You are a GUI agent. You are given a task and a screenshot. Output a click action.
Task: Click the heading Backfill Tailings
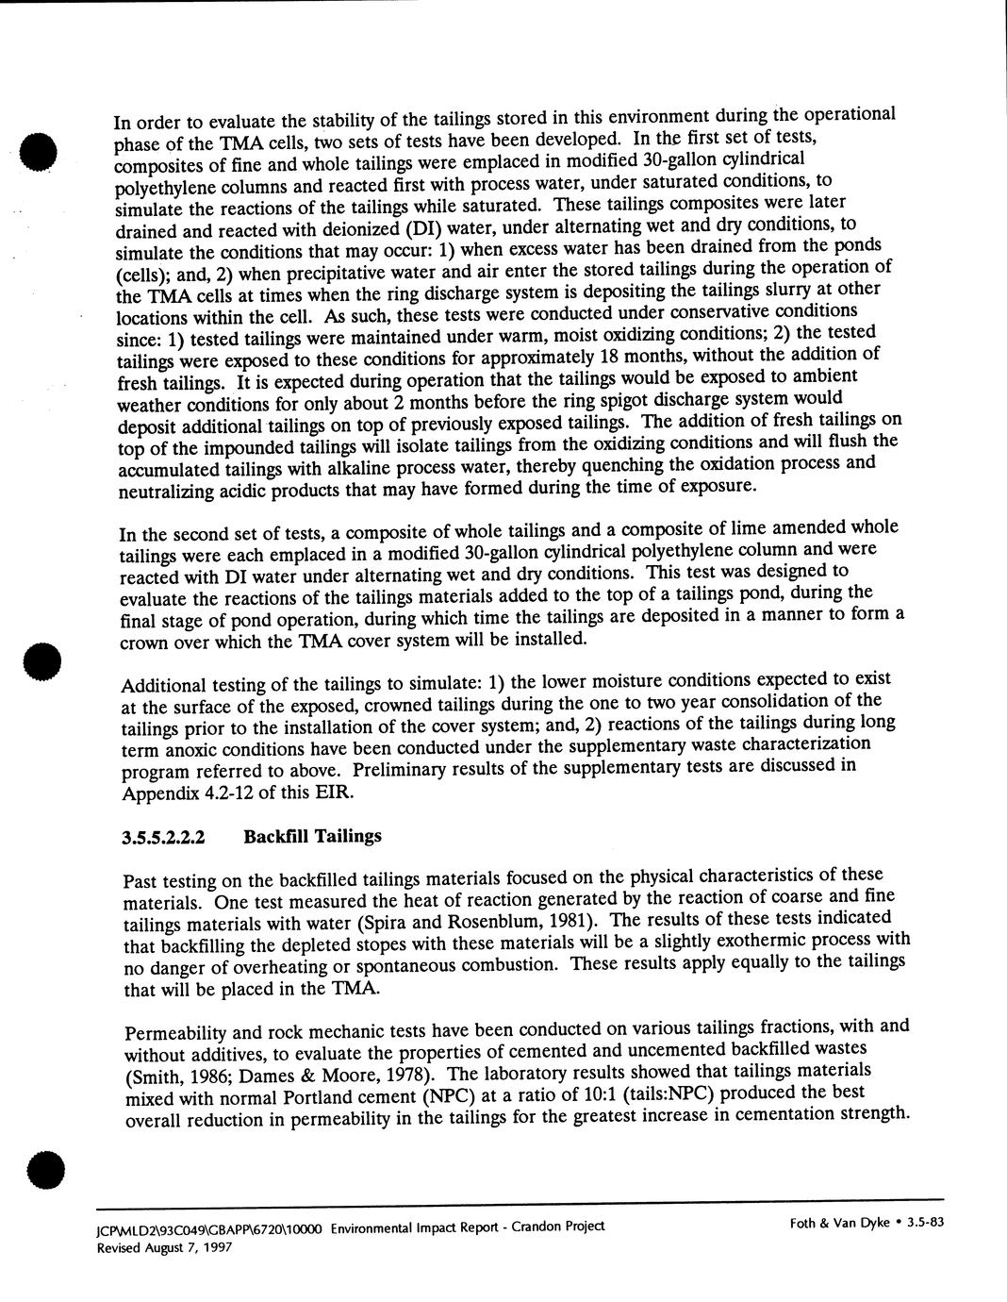coord(312,836)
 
